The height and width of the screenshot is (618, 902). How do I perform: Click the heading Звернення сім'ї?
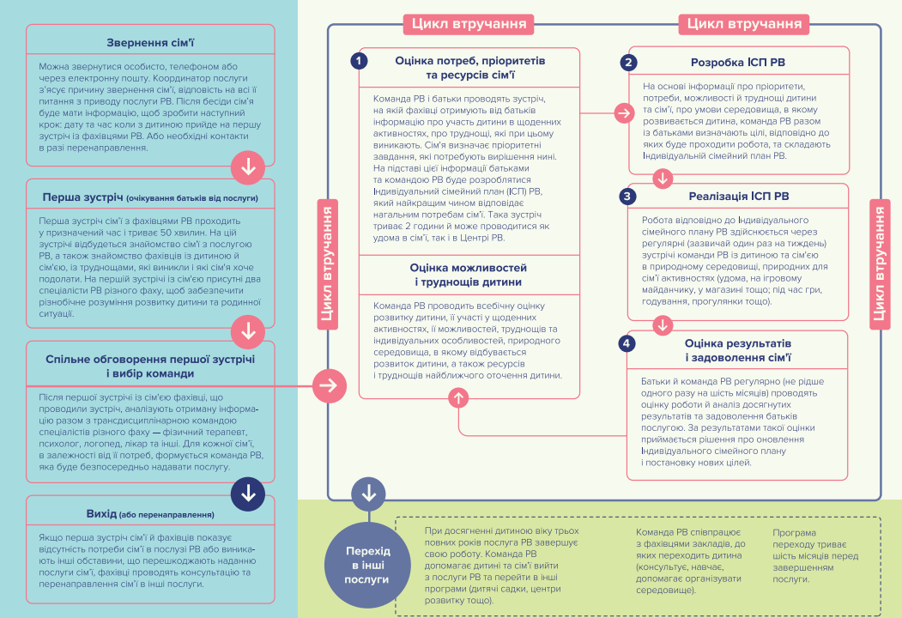[x=150, y=43]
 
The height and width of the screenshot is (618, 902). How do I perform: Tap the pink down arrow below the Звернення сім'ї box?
[x=248, y=167]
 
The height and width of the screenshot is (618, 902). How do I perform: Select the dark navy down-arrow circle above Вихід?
[x=248, y=494]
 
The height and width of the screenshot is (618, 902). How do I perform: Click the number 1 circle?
[x=359, y=60]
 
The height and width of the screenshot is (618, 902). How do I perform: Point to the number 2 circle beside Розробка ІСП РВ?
[x=628, y=62]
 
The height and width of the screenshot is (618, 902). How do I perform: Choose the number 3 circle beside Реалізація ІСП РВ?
[x=627, y=197]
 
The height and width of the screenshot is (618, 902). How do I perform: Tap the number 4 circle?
[x=627, y=343]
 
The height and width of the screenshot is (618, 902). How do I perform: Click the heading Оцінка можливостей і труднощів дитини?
[x=469, y=275]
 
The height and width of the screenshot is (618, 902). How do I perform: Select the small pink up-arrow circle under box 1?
[x=458, y=397]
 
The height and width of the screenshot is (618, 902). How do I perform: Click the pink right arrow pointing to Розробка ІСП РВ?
[x=624, y=112]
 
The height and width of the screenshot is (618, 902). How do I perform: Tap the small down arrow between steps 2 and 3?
[x=663, y=179]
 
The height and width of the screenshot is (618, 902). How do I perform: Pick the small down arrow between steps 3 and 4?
[x=663, y=325]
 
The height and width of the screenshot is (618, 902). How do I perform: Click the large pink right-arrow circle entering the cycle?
[x=330, y=385]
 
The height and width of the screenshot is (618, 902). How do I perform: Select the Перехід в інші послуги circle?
[x=367, y=565]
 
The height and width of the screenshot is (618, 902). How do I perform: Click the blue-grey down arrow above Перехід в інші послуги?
[x=368, y=494]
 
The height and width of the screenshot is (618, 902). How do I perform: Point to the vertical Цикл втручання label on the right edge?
[x=880, y=264]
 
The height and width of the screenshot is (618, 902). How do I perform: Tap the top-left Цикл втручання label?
[x=469, y=24]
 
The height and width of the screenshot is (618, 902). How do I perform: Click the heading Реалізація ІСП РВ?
[x=739, y=197]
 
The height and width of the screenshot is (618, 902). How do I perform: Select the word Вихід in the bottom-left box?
[x=101, y=514]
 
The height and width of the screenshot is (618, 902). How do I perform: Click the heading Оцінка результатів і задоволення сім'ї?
[x=738, y=350]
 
